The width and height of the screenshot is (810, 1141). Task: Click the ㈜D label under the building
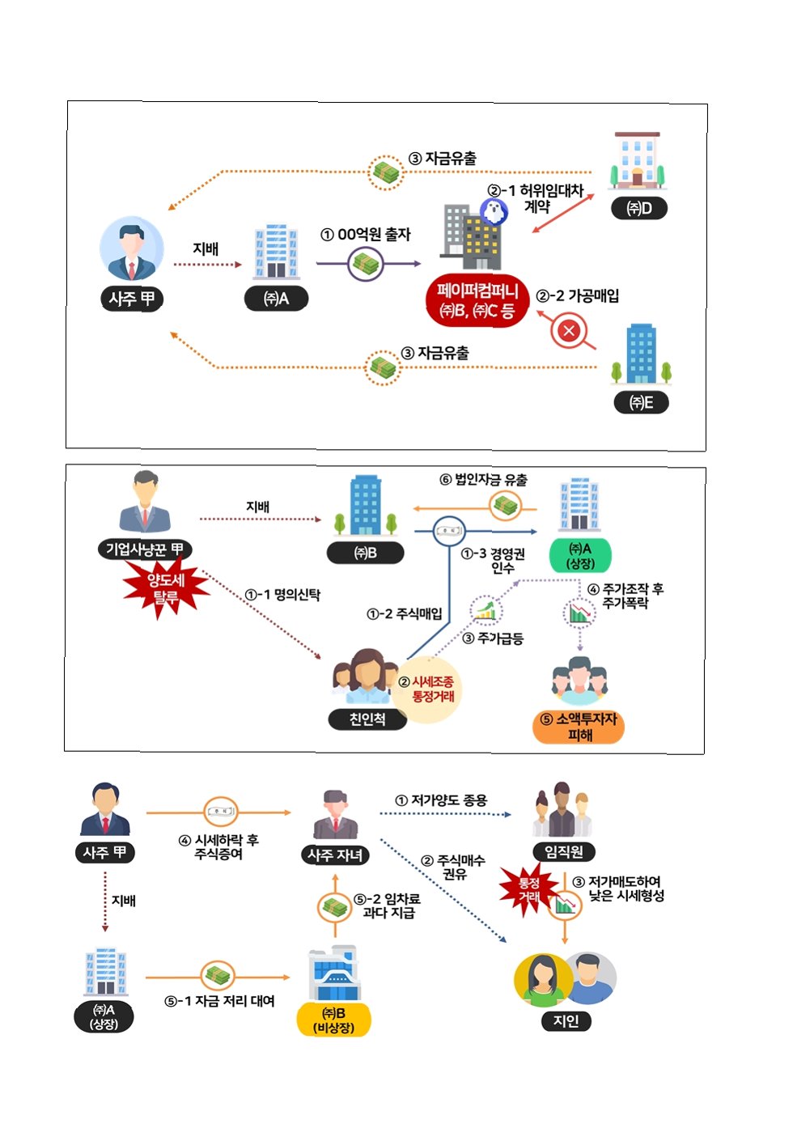click(639, 208)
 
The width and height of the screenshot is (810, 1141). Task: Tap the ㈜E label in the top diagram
click(641, 402)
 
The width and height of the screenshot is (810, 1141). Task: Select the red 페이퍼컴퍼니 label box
click(477, 300)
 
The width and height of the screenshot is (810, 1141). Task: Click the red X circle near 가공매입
click(569, 330)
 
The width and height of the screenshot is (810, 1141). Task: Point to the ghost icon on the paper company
click(493, 211)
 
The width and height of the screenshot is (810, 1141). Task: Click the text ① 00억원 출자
click(366, 235)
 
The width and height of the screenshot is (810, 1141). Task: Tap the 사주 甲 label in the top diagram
click(132, 299)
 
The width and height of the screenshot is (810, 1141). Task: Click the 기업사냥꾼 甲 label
click(144, 549)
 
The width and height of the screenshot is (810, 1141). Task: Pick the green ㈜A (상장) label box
click(580, 556)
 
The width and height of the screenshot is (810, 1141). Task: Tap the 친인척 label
click(367, 719)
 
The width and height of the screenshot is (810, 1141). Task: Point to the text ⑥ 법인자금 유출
click(483, 479)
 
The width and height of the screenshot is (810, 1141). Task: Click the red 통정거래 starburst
click(528, 890)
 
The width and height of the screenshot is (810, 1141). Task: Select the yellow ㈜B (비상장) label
click(334, 1020)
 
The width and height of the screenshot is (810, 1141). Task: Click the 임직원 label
click(564, 851)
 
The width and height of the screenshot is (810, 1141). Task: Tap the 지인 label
click(566, 1020)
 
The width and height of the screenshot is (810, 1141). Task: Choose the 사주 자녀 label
click(335, 855)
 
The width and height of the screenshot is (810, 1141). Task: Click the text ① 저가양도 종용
click(441, 800)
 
